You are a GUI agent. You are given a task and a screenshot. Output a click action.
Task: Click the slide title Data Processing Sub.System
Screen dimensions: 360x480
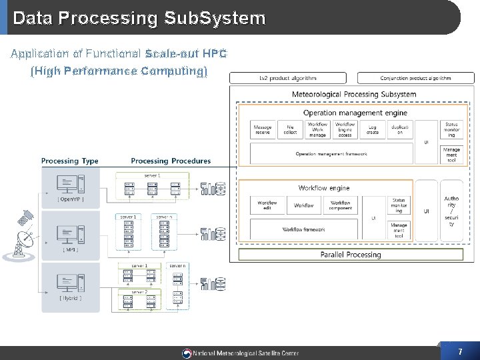coord(139,18)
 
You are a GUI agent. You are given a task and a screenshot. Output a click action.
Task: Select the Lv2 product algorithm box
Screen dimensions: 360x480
coord(288,78)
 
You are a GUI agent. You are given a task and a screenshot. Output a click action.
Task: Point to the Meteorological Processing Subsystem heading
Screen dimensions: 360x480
coord(354,94)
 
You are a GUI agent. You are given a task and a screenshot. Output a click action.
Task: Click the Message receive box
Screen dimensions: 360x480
coord(263,129)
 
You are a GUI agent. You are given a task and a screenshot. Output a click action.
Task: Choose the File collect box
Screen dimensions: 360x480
coord(290,129)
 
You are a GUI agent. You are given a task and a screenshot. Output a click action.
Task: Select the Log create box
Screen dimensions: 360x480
coord(373,129)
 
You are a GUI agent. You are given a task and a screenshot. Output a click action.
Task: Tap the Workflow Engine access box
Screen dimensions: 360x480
coord(345,129)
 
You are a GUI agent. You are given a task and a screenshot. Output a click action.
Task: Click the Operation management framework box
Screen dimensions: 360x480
coord(331,154)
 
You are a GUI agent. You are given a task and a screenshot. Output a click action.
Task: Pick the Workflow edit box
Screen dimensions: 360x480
coord(267,205)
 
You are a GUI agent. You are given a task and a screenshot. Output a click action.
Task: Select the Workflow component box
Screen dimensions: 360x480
coord(341,205)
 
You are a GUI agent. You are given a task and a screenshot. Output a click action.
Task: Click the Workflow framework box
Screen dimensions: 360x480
coord(304,229)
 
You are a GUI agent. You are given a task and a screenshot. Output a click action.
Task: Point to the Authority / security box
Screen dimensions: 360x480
coord(451,210)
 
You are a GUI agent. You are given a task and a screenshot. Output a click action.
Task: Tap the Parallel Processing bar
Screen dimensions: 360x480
coord(351,255)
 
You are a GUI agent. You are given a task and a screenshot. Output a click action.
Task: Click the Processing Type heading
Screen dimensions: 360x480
coord(69,161)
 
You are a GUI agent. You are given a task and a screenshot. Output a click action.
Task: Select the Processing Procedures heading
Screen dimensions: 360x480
coord(171,161)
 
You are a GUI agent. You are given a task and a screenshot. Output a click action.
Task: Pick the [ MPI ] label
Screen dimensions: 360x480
coord(71,250)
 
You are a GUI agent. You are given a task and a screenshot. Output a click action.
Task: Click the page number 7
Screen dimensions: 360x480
coord(460,351)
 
